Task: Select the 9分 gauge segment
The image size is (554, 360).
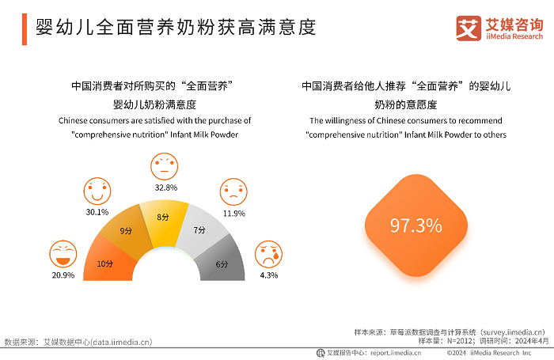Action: pyautogui.click(x=126, y=232)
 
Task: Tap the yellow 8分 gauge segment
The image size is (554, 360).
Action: pyautogui.click(x=163, y=218)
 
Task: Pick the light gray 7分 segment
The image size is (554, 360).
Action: pyautogui.click(x=200, y=231)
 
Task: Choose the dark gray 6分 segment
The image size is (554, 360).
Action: pyautogui.click(x=221, y=263)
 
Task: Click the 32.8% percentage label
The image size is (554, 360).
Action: pyautogui.click(x=165, y=188)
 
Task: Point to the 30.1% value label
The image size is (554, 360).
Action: pyautogui.click(x=97, y=211)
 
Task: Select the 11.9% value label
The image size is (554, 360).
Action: pyautogui.click(x=233, y=213)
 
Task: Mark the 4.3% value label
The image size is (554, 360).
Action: pyautogui.click(x=268, y=275)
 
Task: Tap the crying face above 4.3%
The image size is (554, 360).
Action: pyautogui.click(x=268, y=254)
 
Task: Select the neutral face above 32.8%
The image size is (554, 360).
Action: pyautogui.click(x=165, y=166)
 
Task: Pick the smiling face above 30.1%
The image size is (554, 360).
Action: pyautogui.click(x=97, y=191)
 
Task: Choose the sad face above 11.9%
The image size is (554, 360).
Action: pyautogui.click(x=233, y=191)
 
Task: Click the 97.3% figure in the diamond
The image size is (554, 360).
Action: pyautogui.click(x=415, y=225)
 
